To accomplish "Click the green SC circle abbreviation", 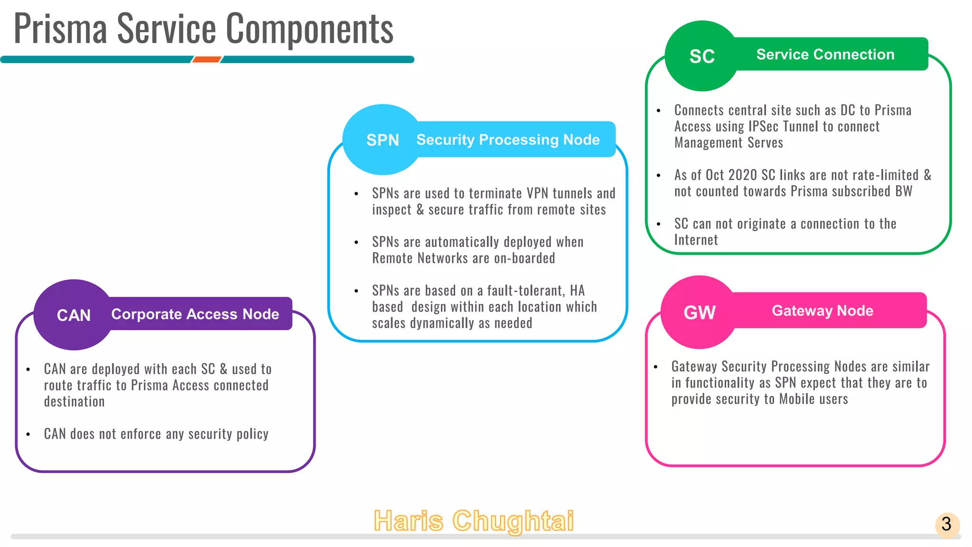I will [701, 57].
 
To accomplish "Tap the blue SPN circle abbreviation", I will [383, 140].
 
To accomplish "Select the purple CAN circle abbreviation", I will [74, 315].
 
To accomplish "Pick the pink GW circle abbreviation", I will [699, 312].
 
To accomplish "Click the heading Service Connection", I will [825, 55].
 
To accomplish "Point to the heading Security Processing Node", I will [508, 140].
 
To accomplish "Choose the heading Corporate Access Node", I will [195, 314].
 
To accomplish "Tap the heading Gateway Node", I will [822, 311].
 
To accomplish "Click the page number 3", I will [946, 524].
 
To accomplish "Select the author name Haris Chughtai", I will [474, 520].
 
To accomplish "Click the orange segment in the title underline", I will [206, 59].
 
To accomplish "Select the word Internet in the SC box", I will [696, 240].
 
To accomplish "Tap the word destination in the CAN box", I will [74, 402].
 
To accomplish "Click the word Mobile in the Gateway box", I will [797, 399].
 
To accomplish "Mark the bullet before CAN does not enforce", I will [28, 434].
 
